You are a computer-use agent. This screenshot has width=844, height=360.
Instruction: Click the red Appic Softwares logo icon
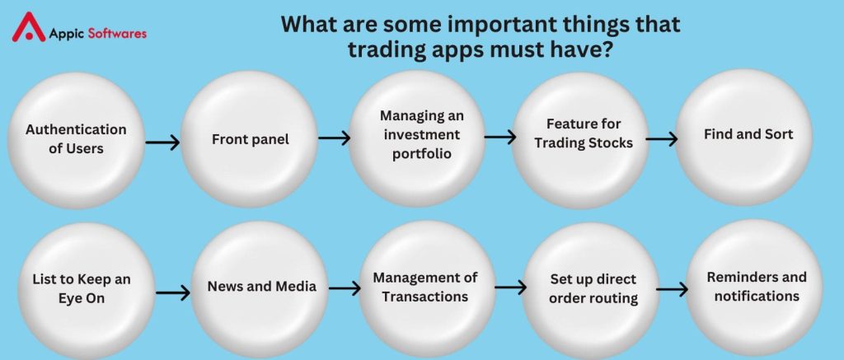29,27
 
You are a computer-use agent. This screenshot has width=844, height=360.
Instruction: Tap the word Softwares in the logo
117,33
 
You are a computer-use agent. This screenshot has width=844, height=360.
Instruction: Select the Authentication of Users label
76,139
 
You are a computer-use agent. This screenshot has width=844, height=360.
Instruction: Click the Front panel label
251,139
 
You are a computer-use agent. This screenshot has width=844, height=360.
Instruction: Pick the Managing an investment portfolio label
422,134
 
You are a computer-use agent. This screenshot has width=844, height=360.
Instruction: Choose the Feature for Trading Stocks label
584,133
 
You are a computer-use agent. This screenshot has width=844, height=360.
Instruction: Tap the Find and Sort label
748,134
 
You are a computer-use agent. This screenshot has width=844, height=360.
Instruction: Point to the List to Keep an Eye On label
82,288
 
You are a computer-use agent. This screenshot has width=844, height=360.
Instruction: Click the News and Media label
261,287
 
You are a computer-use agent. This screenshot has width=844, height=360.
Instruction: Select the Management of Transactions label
425,287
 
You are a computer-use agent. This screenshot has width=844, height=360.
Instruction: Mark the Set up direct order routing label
593,288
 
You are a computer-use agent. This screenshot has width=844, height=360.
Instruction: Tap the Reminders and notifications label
757,287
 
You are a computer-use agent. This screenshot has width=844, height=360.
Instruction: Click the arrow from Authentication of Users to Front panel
162,143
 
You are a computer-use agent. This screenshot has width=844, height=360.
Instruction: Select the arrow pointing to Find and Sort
662,139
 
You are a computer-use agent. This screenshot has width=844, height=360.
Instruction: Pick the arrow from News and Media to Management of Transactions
345,288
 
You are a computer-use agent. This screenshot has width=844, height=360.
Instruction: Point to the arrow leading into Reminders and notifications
673,289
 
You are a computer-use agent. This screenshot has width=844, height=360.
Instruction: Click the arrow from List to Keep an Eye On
173,292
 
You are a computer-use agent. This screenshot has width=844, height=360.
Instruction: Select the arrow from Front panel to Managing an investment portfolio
335,138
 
